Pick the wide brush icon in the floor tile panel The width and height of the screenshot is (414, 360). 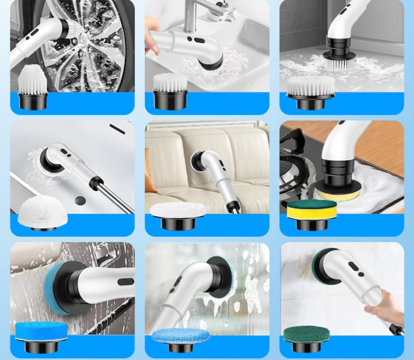coord(310,92)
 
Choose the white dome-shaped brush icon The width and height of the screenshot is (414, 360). coord(38,213)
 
